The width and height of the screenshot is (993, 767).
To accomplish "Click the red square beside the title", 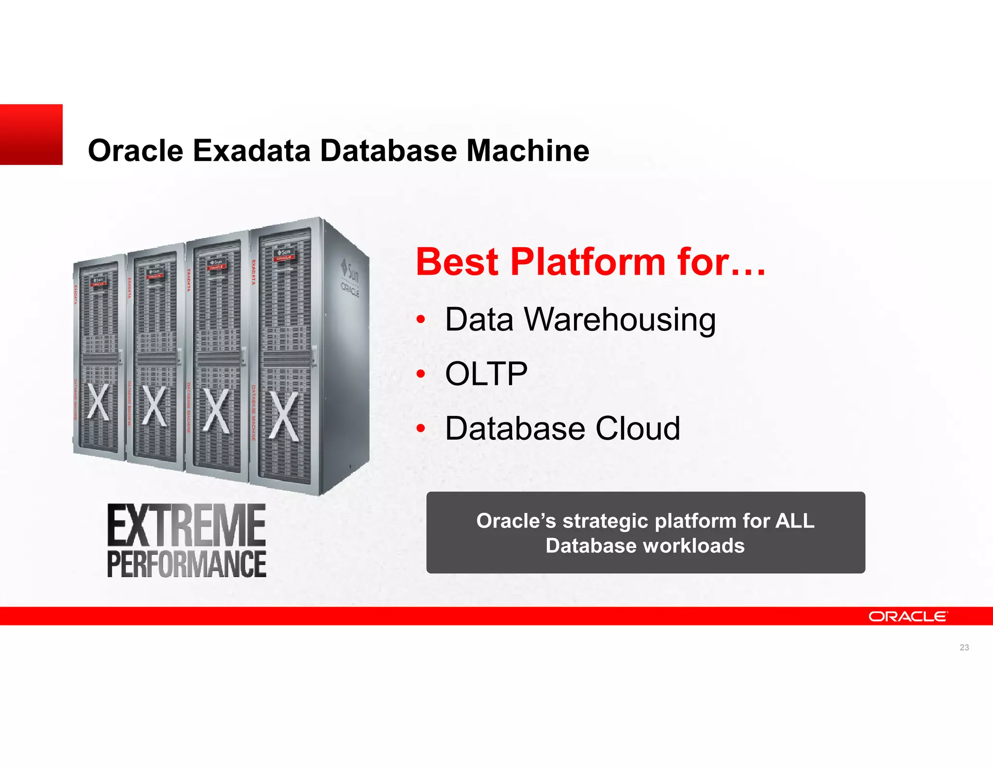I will (x=31, y=134).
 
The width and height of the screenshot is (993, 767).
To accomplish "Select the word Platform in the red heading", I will (x=588, y=262).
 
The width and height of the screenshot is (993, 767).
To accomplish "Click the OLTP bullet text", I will (x=486, y=374).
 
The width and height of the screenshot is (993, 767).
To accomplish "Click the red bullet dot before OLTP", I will (x=421, y=374).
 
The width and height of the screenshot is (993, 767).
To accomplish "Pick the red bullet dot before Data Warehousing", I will (x=421, y=320).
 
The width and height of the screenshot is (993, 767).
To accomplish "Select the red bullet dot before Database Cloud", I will (x=421, y=429).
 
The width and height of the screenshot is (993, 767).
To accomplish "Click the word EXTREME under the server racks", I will (x=186, y=526).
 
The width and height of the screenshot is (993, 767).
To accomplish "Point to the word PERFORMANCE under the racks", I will (x=186, y=563).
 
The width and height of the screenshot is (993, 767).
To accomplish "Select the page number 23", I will (x=964, y=647).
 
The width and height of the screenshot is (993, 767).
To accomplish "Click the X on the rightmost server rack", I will (x=284, y=416).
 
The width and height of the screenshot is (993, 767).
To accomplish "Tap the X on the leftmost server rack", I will (x=98, y=401).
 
